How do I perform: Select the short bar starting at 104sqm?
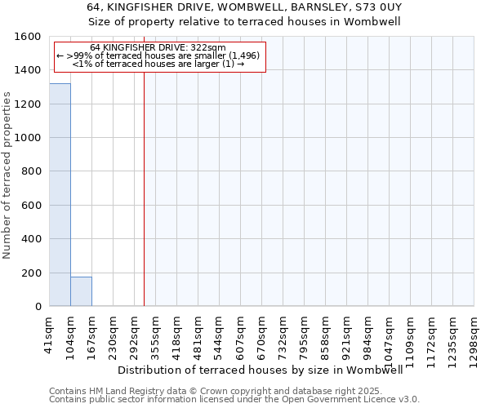pos(81,291)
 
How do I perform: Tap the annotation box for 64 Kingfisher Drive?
pos(160,57)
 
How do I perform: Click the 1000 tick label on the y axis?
pos(29,138)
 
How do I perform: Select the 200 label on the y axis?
pos(32,273)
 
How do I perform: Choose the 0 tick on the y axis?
pos(38,307)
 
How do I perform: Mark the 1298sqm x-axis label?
pos(474,339)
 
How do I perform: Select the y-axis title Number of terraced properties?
pos(7,175)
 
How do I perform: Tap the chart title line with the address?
pos(244,7)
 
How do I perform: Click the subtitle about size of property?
pos(244,22)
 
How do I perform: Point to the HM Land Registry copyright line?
pos(233,391)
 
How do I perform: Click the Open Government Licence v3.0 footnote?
pos(234,400)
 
